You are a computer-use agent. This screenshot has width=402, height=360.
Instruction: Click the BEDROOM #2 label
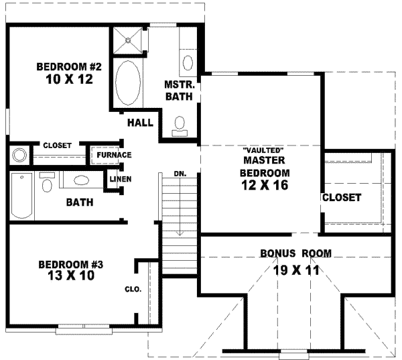coord(68,67)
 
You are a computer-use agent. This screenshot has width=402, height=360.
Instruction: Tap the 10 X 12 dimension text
coord(68,80)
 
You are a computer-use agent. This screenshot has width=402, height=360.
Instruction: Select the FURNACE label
coord(113,155)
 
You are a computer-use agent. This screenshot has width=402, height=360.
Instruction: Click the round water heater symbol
coord(18,156)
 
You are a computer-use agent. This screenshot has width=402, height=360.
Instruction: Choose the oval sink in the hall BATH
coord(81,180)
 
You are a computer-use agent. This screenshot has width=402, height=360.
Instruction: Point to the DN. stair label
coord(179,173)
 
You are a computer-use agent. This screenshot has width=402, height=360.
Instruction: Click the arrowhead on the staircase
coord(180,233)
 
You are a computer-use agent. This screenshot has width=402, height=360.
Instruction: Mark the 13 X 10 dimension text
coord(66,275)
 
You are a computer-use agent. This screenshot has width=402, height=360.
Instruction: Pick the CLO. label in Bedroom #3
coord(131,290)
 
